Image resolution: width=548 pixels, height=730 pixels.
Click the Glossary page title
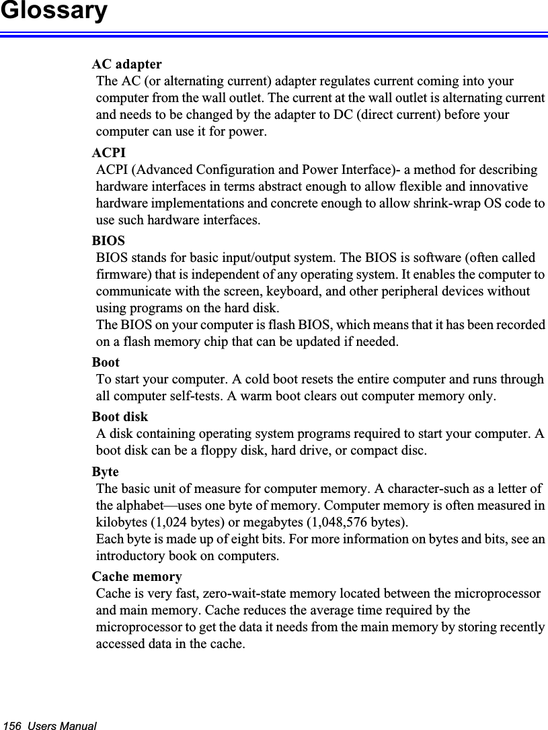pos(53,11)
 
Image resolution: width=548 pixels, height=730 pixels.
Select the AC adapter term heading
pos(126,65)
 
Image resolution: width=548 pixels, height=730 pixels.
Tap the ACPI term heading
pos(108,153)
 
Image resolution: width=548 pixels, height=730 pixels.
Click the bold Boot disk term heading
pos(120,417)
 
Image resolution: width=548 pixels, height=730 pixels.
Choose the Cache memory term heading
pos(136,577)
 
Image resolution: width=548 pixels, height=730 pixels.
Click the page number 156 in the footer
pos(12,726)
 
